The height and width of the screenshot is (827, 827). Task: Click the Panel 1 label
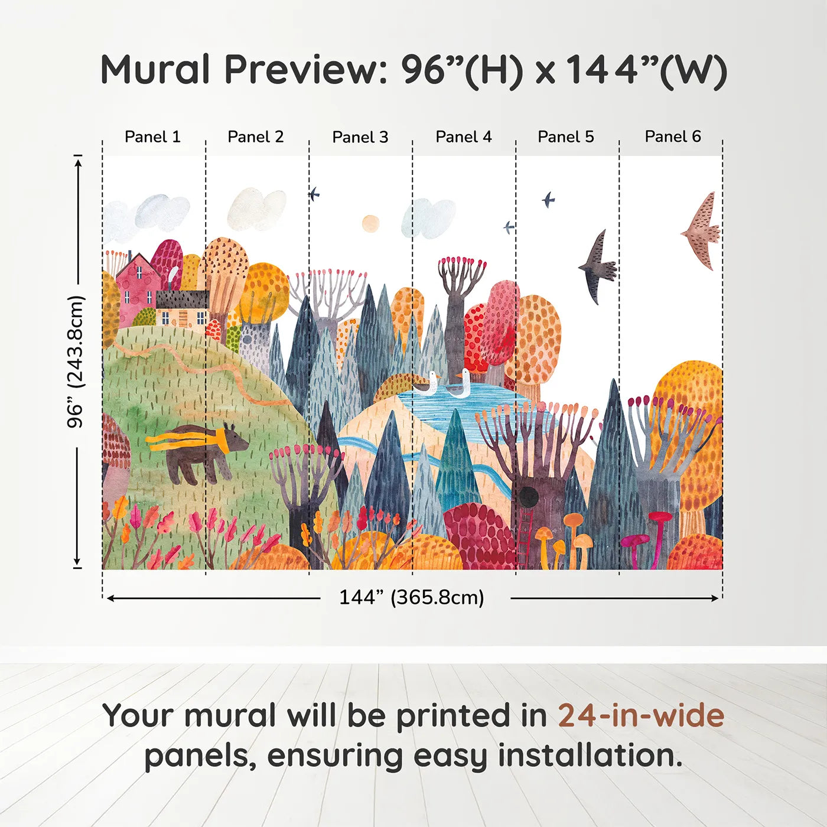152,137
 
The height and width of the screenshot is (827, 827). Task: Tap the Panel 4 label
464,137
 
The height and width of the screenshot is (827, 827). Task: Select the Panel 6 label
673,137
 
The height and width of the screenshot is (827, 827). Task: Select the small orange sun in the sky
370,223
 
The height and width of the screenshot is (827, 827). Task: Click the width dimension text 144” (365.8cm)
412,598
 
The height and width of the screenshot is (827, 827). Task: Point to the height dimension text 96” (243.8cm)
76,362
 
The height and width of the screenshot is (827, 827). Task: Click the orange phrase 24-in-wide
641,716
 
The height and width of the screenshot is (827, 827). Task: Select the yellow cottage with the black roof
182,310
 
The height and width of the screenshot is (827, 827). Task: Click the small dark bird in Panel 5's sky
548,200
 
